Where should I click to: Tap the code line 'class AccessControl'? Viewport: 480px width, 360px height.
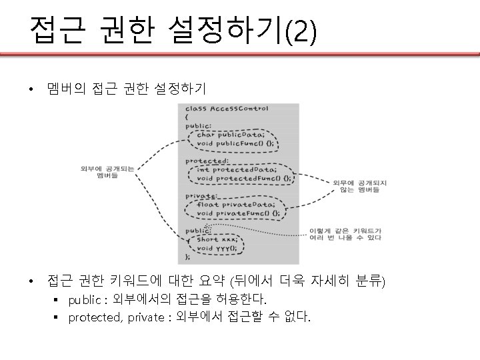coord(226,108)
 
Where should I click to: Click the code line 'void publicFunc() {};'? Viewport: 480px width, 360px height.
coord(235,142)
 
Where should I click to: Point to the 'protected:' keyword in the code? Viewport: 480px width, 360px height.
coord(207,159)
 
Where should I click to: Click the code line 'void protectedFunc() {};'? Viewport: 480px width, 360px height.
coord(244,179)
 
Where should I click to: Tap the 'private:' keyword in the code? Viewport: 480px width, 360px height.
coord(201,195)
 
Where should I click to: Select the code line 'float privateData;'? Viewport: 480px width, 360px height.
coord(235,205)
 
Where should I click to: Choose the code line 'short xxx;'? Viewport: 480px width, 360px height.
coord(217,239)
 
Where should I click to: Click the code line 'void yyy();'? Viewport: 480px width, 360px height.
coord(217,248)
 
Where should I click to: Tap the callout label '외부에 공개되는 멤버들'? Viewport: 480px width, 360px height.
coord(107,172)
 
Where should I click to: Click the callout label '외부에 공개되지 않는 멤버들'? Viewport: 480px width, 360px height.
coord(356,186)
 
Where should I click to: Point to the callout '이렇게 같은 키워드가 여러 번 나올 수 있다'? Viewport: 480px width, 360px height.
coord(346,233)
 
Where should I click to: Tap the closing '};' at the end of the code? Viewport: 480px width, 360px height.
coord(187,257)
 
